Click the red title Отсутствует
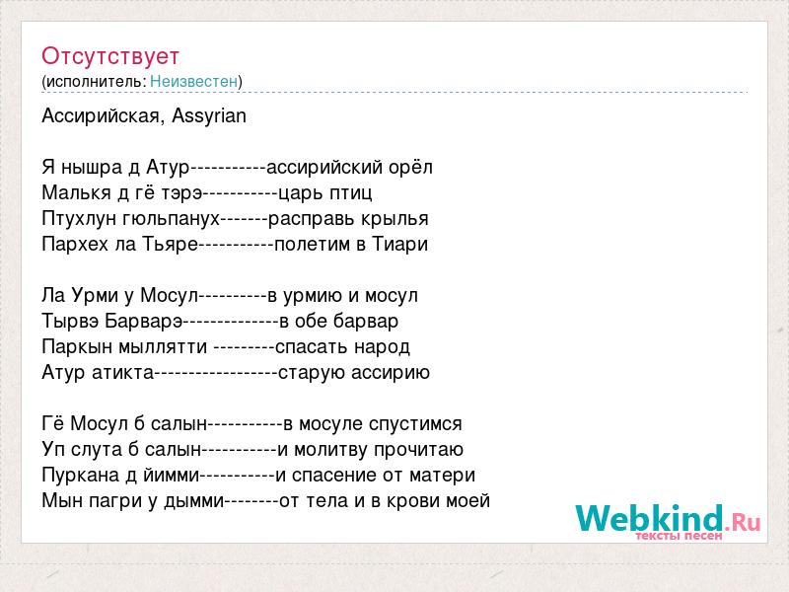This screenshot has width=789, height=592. coord(110,56)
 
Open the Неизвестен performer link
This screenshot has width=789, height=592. coord(193,81)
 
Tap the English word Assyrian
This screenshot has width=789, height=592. coord(209,116)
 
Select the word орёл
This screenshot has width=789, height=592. coord(410,167)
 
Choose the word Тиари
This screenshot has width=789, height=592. coord(400,244)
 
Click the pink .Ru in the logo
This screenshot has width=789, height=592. coord(743,522)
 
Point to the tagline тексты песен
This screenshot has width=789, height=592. coord(679,536)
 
